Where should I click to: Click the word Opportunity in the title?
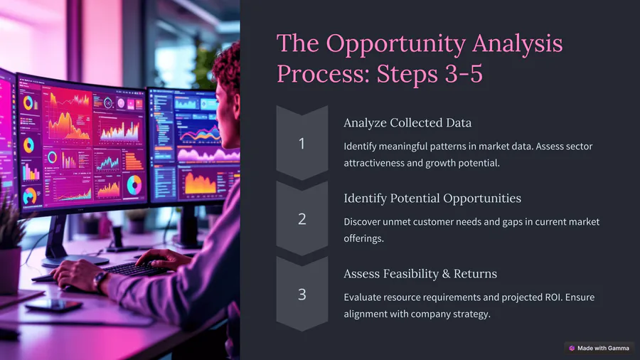click(x=395, y=44)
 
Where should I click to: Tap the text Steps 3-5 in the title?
click(x=430, y=73)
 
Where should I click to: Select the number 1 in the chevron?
click(x=302, y=143)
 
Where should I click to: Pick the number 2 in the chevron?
click(x=302, y=219)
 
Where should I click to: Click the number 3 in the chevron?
click(x=302, y=295)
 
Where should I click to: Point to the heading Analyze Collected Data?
click(x=407, y=123)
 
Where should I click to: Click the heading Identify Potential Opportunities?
click(x=432, y=198)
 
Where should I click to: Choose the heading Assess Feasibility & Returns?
click(x=420, y=273)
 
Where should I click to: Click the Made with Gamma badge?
click(x=599, y=348)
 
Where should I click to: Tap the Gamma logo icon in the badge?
click(x=572, y=348)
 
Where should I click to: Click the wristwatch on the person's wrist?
click(x=99, y=280)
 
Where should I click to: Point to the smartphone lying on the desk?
click(x=54, y=305)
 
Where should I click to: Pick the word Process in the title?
click(x=324, y=73)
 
